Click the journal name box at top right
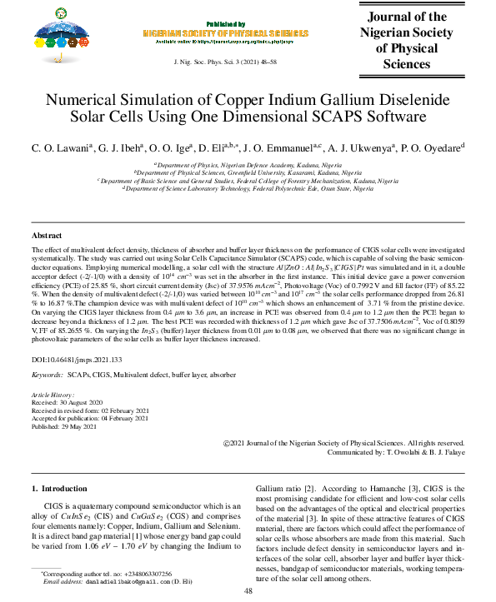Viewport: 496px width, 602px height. click(x=415, y=41)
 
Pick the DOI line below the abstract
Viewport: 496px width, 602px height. click(x=69, y=359)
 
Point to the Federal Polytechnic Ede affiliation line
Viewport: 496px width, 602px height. click(x=248, y=189)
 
